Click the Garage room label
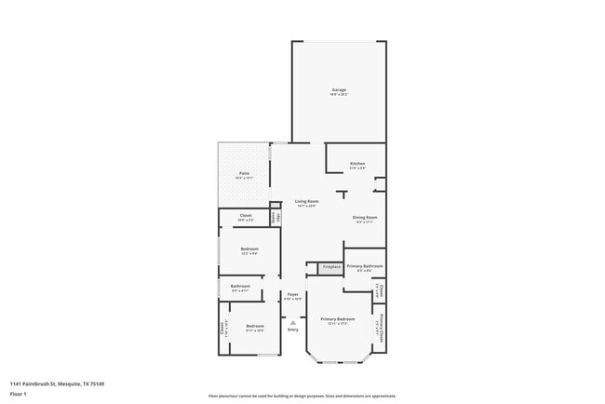tap(339, 90)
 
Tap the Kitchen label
tap(357, 164)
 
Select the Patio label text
tap(244, 173)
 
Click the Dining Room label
tap(366, 218)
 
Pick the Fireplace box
tap(330, 267)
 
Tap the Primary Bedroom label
tap(338, 319)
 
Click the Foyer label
tap(292, 294)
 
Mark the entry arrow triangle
tap(292, 322)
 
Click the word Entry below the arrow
tap(292, 330)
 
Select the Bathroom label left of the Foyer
tap(240, 286)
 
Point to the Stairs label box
tap(275, 217)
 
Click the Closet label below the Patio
tap(246, 216)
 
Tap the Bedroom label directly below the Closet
tap(249, 249)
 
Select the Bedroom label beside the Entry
tap(255, 326)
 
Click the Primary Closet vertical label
tap(380, 326)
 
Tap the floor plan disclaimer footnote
tap(302, 396)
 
